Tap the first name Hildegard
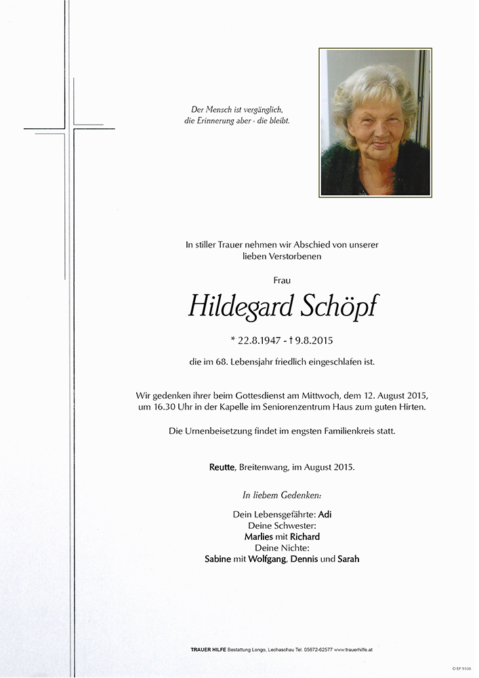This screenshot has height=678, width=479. tap(240, 306)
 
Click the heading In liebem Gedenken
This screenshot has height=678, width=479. tap(282, 496)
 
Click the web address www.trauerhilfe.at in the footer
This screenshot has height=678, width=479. tap(355, 650)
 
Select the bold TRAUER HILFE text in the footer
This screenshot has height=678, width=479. tap(209, 650)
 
